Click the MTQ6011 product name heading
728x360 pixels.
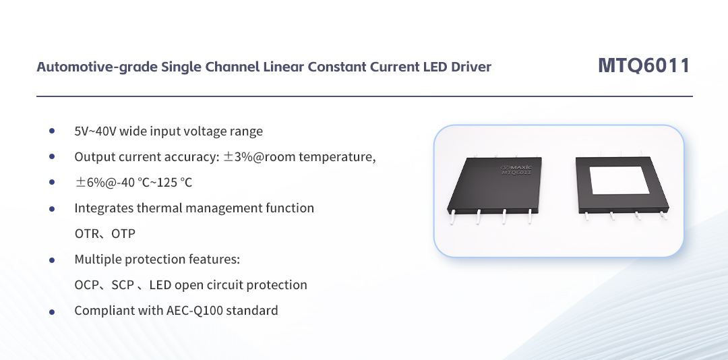click(644, 65)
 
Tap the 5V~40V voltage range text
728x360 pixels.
click(95, 131)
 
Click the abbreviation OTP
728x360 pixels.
click(123, 234)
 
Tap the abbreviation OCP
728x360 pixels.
click(87, 285)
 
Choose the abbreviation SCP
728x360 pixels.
click(123, 285)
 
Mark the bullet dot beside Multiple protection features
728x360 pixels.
click(52, 260)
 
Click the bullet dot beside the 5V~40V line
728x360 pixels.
click(52, 131)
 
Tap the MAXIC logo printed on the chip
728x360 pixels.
click(518, 166)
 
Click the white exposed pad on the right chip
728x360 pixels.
click(619, 183)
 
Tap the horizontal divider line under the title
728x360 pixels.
click(364, 96)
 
